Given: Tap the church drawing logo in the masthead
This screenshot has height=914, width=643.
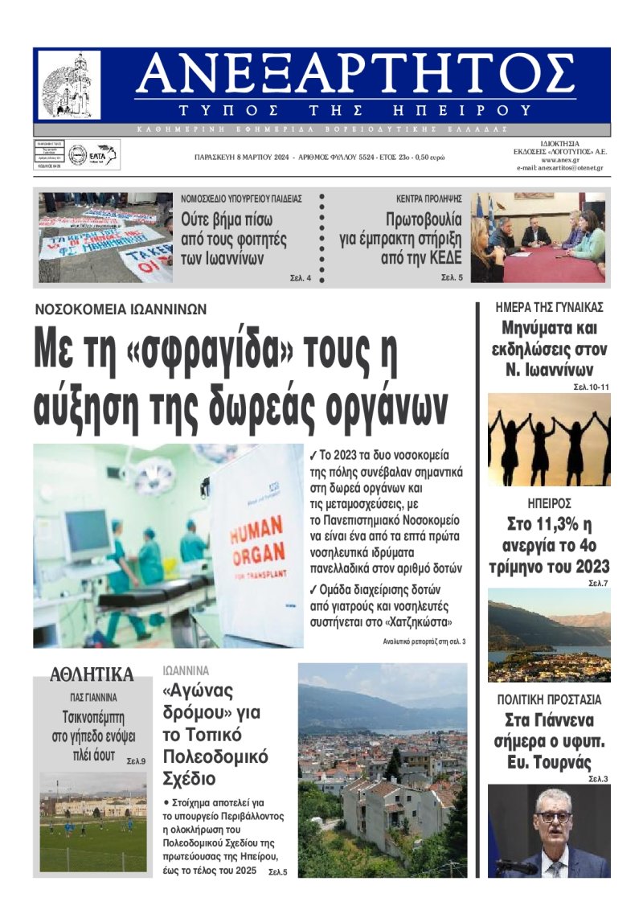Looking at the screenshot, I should pos(70,84).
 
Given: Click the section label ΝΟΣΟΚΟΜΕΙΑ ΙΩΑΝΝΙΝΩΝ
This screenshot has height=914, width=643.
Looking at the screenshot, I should pos(121,309).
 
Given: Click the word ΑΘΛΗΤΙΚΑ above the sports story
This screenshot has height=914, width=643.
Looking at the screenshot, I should pos(92,674).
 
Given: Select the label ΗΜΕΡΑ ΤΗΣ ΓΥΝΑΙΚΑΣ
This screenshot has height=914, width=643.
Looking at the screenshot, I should pos(550,307).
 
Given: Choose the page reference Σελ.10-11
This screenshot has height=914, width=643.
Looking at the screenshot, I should pos(592,387).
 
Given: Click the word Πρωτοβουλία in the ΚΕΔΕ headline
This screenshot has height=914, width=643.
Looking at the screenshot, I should pos(420,219).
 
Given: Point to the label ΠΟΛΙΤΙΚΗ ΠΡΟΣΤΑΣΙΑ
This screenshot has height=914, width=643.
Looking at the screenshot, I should pos(549,699).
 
